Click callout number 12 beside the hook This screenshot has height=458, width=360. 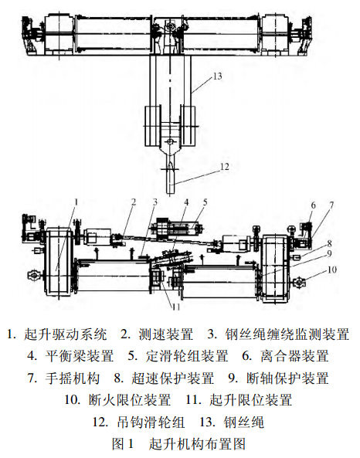(224, 165)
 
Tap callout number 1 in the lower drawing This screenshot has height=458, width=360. (77, 202)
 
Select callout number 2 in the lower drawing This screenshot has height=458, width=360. (133, 202)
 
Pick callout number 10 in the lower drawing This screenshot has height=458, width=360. (332, 270)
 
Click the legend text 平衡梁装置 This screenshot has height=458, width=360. (80, 357)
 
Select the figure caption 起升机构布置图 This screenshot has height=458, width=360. (197, 445)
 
